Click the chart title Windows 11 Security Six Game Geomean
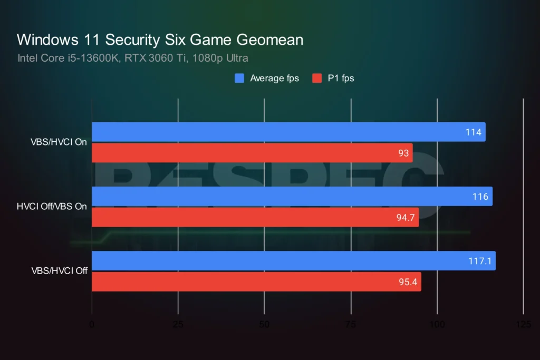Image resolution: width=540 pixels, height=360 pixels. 160,40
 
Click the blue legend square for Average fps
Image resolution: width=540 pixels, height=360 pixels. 239,79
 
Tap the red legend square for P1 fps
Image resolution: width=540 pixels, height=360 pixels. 316,79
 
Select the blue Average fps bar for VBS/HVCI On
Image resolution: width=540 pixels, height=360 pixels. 288,132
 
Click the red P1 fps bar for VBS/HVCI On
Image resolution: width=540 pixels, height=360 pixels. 252,153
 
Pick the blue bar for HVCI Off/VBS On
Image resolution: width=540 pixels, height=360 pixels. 292,196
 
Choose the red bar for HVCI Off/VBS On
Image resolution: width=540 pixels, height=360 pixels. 255,217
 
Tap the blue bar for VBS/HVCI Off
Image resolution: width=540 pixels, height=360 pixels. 293,260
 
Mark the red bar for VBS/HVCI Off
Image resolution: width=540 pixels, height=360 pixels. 256,281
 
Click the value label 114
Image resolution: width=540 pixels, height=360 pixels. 473,132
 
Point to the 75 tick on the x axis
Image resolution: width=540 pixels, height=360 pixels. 351,325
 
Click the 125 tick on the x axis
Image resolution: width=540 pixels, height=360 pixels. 523,325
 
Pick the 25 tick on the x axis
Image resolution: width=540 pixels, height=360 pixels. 178,325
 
